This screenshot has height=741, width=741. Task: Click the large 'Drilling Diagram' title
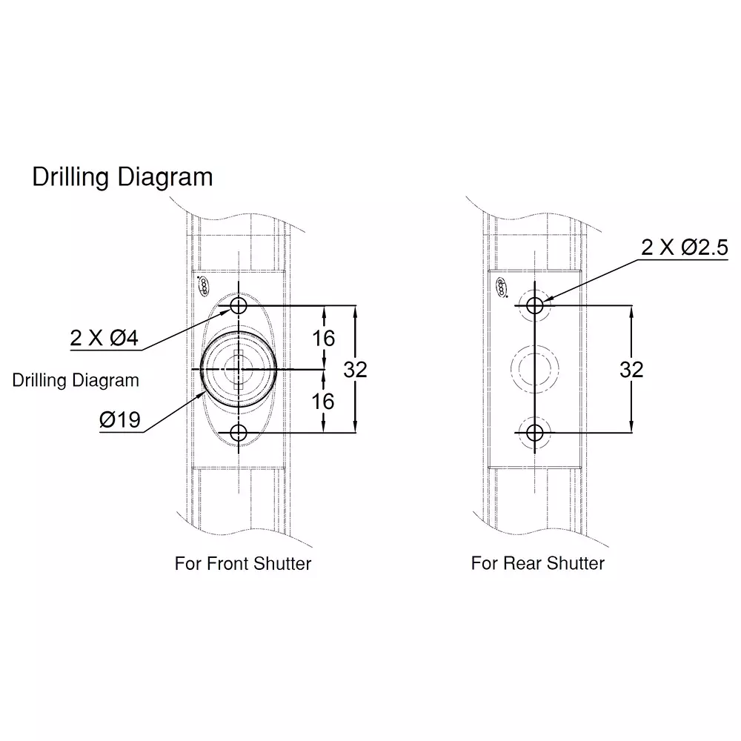pyautogui.click(x=122, y=177)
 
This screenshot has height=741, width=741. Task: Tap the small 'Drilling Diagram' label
pyautogui.click(x=76, y=380)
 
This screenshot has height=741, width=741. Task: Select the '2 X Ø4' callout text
pyautogui.click(x=104, y=338)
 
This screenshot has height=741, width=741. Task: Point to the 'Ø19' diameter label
pyautogui.click(x=120, y=419)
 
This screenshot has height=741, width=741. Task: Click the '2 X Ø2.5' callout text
pyautogui.click(x=684, y=247)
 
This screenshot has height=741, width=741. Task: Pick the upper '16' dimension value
pyautogui.click(x=323, y=339)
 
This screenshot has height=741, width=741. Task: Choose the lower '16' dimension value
pyautogui.click(x=323, y=402)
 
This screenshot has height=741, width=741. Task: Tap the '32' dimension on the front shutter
pyautogui.click(x=356, y=370)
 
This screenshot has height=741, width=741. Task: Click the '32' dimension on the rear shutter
pyautogui.click(x=631, y=370)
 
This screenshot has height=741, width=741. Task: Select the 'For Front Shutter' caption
pyautogui.click(x=243, y=563)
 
